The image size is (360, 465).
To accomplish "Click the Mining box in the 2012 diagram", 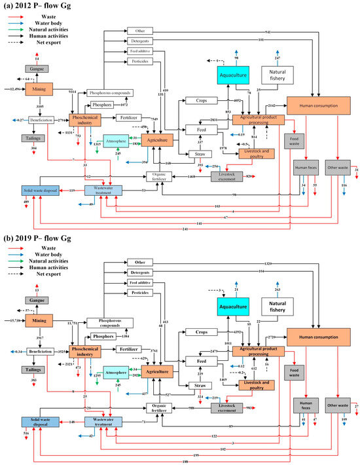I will (39, 88).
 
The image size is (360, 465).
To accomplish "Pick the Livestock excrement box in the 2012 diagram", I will (230, 176).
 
